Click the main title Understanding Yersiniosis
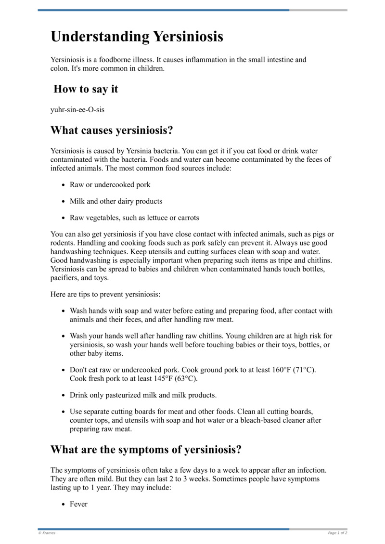tap(137, 37)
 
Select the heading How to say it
tap(86, 89)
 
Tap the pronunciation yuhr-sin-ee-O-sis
tap(77, 109)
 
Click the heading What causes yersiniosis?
tap(112, 130)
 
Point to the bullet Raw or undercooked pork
tap(110, 184)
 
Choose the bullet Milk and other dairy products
tap(116, 201)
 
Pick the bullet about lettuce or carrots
tap(134, 218)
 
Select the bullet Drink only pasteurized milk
tap(143, 395)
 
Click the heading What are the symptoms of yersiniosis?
tap(146, 450)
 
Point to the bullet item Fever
tap(78, 504)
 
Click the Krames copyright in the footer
tap(47, 533)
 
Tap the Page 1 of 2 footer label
tap(337, 533)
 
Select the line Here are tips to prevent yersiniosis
tap(105, 294)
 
